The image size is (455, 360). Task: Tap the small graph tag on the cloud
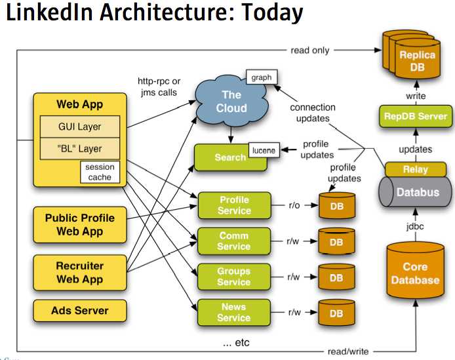pyautogui.click(x=261, y=77)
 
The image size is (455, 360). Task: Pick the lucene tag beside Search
pyautogui.click(x=263, y=151)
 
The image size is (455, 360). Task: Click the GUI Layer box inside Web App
pyautogui.click(x=79, y=127)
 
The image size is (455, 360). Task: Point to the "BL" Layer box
pyautogui.click(x=79, y=149)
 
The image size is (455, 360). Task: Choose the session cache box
pyautogui.click(x=100, y=172)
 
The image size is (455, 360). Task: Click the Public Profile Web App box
pyautogui.click(x=79, y=224)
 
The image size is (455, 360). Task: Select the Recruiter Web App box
pyautogui.click(x=79, y=273)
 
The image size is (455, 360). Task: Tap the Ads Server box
pyautogui.click(x=79, y=310)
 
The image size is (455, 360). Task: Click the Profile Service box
pyautogui.click(x=234, y=205)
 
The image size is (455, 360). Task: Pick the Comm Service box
pyautogui.click(x=234, y=241)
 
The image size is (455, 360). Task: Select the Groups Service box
pyautogui.click(x=234, y=276)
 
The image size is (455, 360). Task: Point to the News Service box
pyautogui.click(x=234, y=312)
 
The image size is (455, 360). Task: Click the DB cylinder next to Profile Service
pyautogui.click(x=336, y=206)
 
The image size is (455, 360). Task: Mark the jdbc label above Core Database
pyautogui.click(x=414, y=228)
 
